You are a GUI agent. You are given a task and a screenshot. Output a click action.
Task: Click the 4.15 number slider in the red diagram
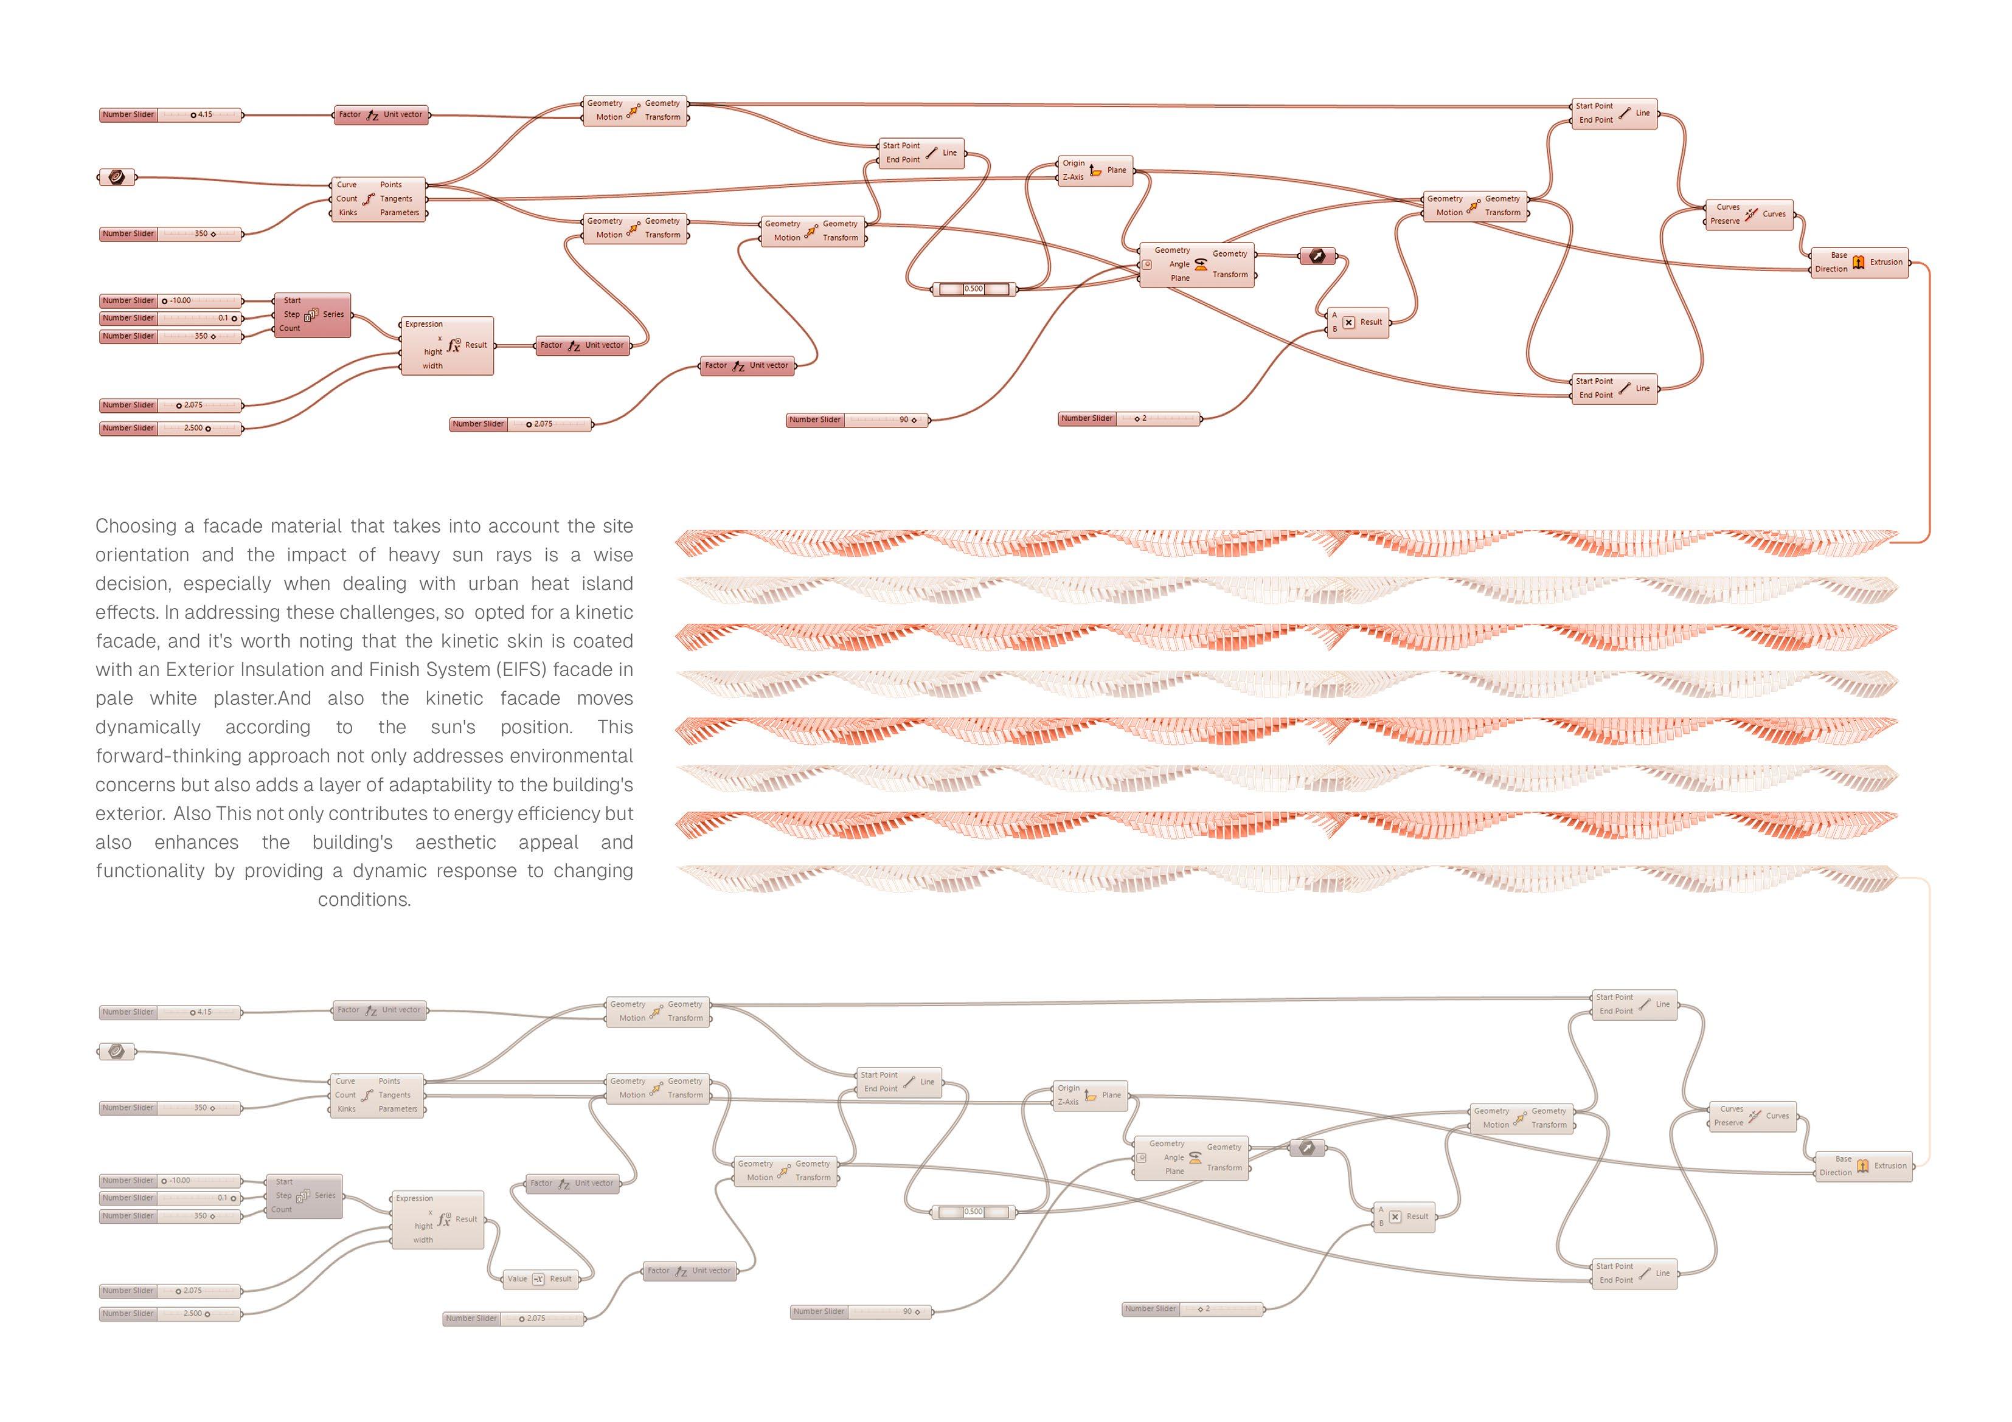170,115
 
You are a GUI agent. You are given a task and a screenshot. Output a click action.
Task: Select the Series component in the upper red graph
312,314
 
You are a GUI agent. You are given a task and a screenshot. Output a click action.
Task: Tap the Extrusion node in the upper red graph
1859,262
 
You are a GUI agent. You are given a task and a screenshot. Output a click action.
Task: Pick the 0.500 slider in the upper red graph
974,289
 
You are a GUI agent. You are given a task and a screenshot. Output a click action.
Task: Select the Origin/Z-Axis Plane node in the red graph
1095,170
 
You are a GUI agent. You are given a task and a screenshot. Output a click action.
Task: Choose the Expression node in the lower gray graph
437,1220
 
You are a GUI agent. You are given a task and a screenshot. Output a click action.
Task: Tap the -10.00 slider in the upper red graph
170,300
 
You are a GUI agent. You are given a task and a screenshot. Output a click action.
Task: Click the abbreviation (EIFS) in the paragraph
521,670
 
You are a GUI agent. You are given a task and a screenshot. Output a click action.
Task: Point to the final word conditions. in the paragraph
364,900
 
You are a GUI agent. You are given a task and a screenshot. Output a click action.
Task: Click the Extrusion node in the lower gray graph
1863,1166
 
